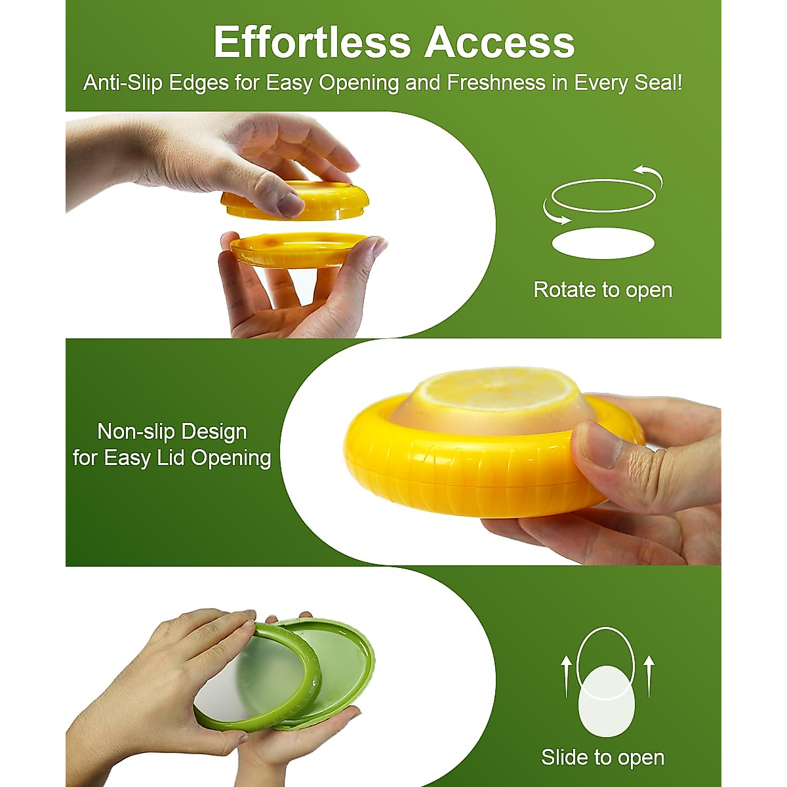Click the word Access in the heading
click(x=500, y=43)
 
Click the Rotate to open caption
click(x=603, y=290)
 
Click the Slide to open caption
click(x=603, y=757)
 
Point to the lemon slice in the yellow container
click(x=498, y=392)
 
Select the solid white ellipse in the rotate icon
click(x=603, y=243)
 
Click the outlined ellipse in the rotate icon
click(x=603, y=195)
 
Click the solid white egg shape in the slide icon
click(x=607, y=700)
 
